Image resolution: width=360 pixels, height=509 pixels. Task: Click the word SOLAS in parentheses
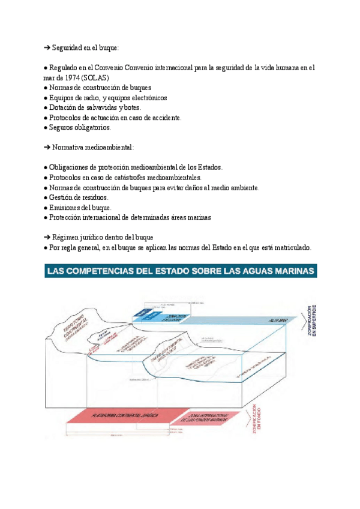pos(96,77)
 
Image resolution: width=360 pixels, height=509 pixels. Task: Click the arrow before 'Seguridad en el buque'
pos(47,47)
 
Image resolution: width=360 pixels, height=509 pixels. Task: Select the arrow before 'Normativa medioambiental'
pos(47,147)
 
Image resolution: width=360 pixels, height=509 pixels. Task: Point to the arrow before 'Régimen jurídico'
pos(47,237)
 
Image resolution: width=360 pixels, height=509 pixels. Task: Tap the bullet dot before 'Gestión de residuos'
pos(46,197)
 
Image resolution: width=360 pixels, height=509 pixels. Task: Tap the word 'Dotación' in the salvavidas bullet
pos(64,107)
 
